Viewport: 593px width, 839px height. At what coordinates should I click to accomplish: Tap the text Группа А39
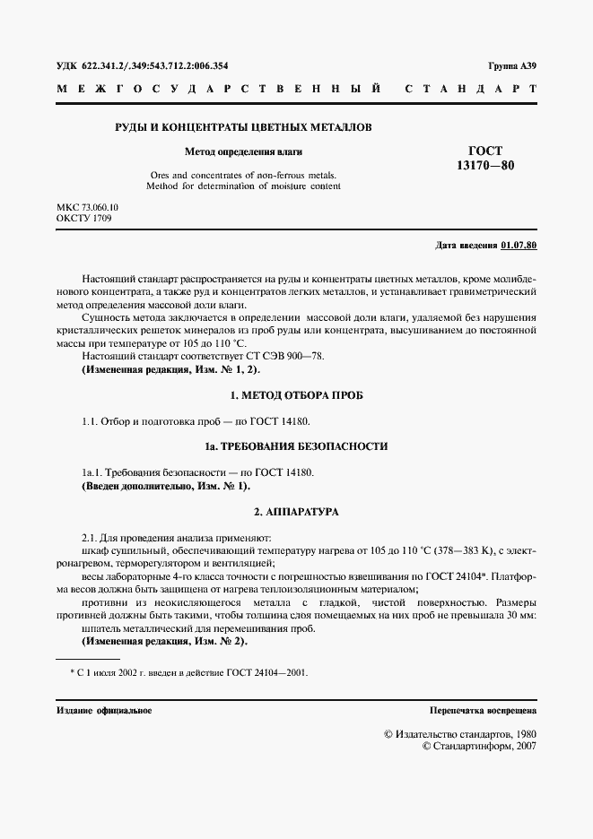click(x=512, y=66)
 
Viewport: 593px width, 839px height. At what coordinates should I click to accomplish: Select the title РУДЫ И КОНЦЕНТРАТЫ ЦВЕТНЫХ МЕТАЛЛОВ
click(x=242, y=127)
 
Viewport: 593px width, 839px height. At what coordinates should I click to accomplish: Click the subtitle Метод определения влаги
click(x=242, y=152)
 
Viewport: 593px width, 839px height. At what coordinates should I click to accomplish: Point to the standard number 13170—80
click(x=485, y=166)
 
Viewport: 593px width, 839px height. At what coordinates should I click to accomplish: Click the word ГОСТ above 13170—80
click(x=485, y=151)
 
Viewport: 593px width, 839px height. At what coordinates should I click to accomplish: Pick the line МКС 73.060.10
click(x=87, y=207)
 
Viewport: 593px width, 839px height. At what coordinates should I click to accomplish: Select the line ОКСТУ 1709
click(x=83, y=219)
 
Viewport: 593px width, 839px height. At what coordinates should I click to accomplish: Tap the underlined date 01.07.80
click(x=519, y=245)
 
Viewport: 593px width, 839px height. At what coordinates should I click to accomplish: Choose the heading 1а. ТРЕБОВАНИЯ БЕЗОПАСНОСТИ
click(x=296, y=446)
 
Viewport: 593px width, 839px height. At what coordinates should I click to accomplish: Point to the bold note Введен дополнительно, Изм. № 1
click(x=166, y=486)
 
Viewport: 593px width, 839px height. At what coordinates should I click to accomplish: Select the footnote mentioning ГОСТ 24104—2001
click(x=188, y=671)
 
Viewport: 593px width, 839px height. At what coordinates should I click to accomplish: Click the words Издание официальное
click(x=104, y=710)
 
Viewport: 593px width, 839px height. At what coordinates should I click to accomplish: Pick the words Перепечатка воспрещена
click(x=483, y=710)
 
